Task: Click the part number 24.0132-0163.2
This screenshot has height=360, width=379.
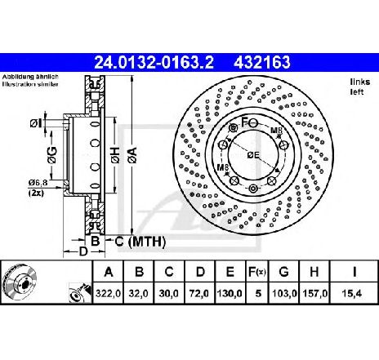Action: [x=154, y=62]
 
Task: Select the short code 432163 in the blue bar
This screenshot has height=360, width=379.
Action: [x=261, y=62]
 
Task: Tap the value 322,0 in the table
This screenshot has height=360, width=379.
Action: [x=108, y=293]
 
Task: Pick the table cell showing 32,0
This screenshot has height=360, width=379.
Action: [x=139, y=293]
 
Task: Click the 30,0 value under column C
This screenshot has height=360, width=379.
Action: [x=169, y=293]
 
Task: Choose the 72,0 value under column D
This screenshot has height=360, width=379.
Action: [x=200, y=293]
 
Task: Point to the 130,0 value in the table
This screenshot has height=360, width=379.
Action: [x=230, y=293]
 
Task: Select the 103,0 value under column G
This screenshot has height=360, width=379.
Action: [x=284, y=293]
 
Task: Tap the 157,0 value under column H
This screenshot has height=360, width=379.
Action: [x=314, y=293]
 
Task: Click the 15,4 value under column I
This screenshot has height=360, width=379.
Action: [x=353, y=293]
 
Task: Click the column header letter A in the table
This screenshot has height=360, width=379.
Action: [x=109, y=272]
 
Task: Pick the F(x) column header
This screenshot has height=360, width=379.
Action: [x=256, y=272]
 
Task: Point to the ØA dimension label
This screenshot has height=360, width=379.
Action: [x=133, y=155]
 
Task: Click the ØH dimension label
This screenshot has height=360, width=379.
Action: [x=115, y=155]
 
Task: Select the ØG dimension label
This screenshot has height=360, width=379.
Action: [x=52, y=155]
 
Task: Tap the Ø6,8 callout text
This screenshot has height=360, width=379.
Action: [x=38, y=183]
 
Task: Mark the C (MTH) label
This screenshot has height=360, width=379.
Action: [x=140, y=242]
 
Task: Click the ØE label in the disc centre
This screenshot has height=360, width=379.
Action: [x=253, y=155]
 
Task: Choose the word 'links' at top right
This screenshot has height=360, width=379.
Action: [x=360, y=82]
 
